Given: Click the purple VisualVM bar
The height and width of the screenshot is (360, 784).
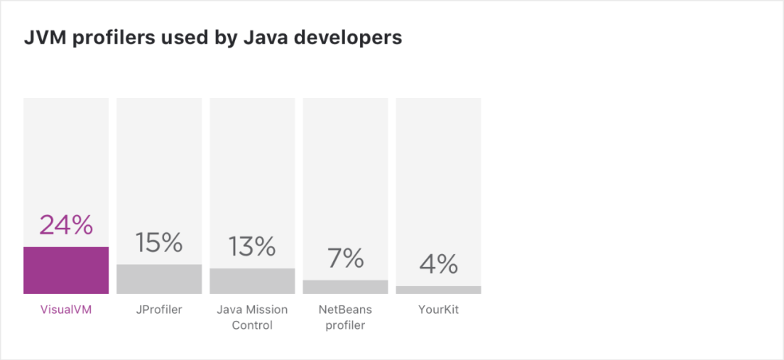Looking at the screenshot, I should pos(66,270).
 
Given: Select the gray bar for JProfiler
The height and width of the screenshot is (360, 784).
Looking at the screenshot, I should pos(159,279).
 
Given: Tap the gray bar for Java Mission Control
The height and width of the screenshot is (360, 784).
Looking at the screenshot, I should pos(252,281).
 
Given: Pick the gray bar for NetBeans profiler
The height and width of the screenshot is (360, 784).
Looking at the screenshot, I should pos(346,287).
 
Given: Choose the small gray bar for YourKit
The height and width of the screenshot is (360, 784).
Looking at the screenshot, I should pos(438,290).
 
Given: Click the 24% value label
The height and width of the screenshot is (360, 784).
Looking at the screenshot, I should pos(66,225).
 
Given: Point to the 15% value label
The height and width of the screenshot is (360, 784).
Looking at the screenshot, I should pos(159,242).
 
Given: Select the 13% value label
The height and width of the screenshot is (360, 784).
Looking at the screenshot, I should pos(252,246).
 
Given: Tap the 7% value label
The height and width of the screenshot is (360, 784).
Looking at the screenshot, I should pos(346,258).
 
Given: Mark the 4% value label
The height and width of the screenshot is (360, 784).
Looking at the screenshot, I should pos(438,263).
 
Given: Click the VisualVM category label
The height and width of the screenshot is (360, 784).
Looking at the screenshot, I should pos(66,310).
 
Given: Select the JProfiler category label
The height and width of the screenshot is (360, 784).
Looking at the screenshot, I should pos(159,310).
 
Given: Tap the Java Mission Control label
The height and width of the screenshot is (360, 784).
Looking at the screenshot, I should pos(252,317).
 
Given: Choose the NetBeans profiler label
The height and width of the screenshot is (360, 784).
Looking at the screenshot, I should pos(346,317).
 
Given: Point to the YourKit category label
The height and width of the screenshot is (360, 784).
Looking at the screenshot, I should pos(438,310).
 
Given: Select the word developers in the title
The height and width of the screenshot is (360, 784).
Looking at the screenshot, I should pos(354,38).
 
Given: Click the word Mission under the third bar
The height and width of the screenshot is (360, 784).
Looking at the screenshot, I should pos(266,310).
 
